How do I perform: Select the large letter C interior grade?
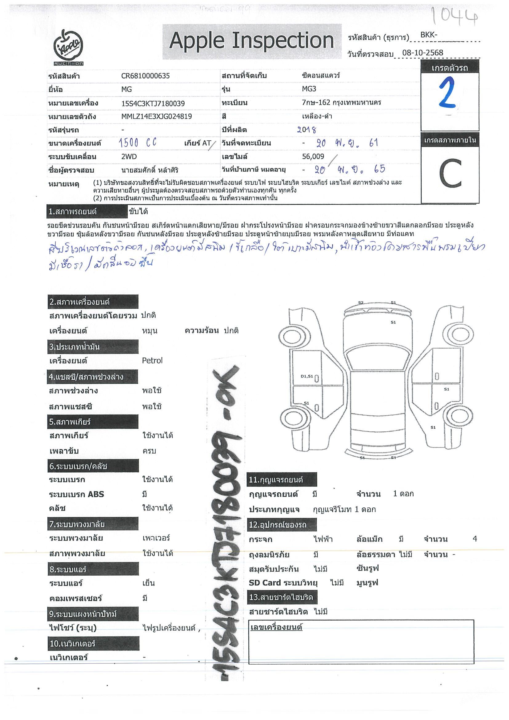[450, 173]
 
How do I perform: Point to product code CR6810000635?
[145, 76]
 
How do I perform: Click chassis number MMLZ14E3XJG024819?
[157, 117]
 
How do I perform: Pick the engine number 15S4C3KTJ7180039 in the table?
[153, 103]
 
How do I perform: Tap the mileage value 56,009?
[313, 157]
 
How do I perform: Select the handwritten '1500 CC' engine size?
[137, 143]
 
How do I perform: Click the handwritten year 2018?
[307, 130]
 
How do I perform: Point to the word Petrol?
[152, 361]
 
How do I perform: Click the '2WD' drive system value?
[129, 157]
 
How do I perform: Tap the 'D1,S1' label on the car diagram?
[307, 376]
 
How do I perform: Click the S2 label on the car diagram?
[361, 302]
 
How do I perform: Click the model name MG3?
[309, 89]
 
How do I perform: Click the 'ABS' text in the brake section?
[96, 494]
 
